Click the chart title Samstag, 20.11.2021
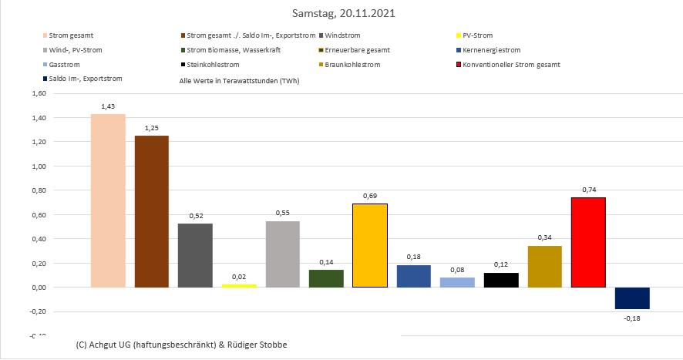click(342, 14)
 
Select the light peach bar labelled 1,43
click(108, 200)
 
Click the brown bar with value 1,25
click(152, 211)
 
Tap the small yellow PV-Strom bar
click(239, 285)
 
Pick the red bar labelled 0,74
click(588, 242)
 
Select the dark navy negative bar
click(632, 298)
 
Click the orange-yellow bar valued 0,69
click(370, 245)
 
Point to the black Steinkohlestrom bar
click(501, 280)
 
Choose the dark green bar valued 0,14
click(326, 278)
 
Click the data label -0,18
click(632, 317)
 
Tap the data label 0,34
click(544, 238)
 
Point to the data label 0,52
click(195, 216)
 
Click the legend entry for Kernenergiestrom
click(493, 50)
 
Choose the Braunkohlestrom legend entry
click(353, 65)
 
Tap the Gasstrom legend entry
click(64, 65)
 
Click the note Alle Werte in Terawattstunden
click(239, 80)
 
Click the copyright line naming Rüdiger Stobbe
click(182, 344)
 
